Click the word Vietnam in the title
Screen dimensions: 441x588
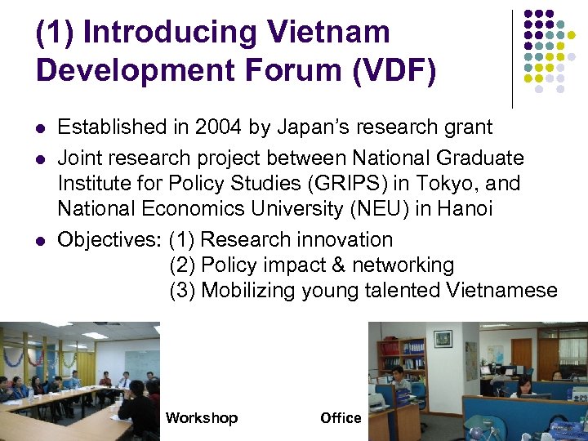327,33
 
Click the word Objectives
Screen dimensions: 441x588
109,239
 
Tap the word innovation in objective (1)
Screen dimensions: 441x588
343,239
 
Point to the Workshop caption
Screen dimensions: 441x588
201,418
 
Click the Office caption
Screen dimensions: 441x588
341,418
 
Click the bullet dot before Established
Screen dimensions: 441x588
40,128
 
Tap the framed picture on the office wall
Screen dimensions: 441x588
443,338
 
